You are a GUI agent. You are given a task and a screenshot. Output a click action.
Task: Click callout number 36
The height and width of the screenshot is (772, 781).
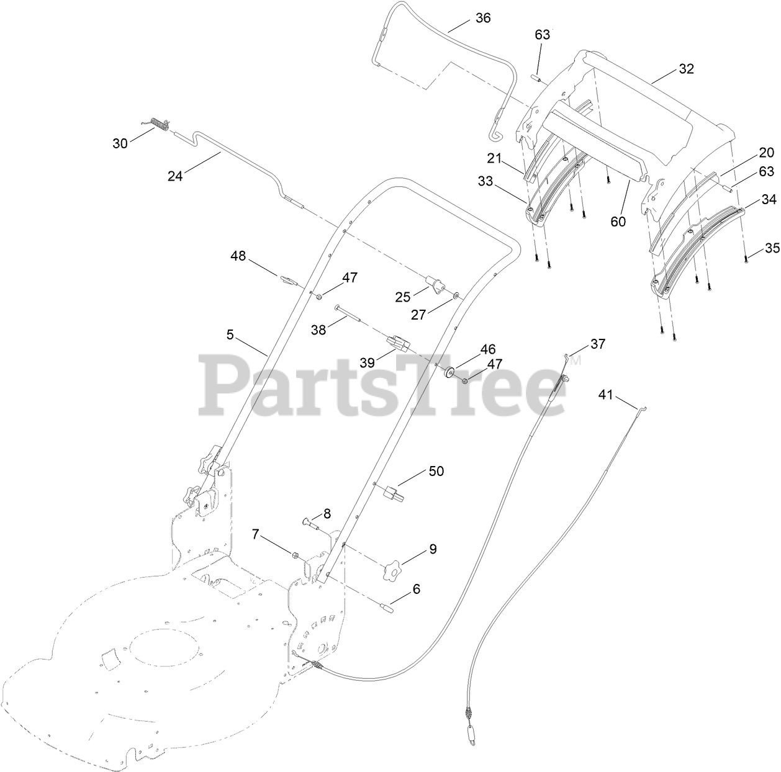click(482, 18)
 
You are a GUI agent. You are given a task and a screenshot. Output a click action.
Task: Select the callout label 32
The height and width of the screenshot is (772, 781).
click(686, 69)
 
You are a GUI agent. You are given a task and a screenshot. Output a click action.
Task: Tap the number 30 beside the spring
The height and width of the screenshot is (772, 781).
click(120, 143)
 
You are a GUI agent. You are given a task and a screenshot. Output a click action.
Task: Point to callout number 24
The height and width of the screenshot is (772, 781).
click(175, 176)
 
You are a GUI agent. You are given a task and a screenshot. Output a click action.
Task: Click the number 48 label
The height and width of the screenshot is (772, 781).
click(238, 255)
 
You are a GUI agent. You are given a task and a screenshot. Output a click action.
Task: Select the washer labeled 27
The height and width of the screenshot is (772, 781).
click(456, 296)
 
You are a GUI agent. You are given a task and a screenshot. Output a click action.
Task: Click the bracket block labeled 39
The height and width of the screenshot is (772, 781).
click(398, 343)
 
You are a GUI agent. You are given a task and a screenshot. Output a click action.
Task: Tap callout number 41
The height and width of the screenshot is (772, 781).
click(605, 393)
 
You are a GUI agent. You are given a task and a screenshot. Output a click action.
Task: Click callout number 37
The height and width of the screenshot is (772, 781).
click(597, 344)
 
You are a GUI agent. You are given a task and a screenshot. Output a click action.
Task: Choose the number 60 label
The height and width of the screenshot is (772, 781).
click(618, 222)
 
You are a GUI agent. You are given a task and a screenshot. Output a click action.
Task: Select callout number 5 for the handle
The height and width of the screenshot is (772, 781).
click(230, 335)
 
